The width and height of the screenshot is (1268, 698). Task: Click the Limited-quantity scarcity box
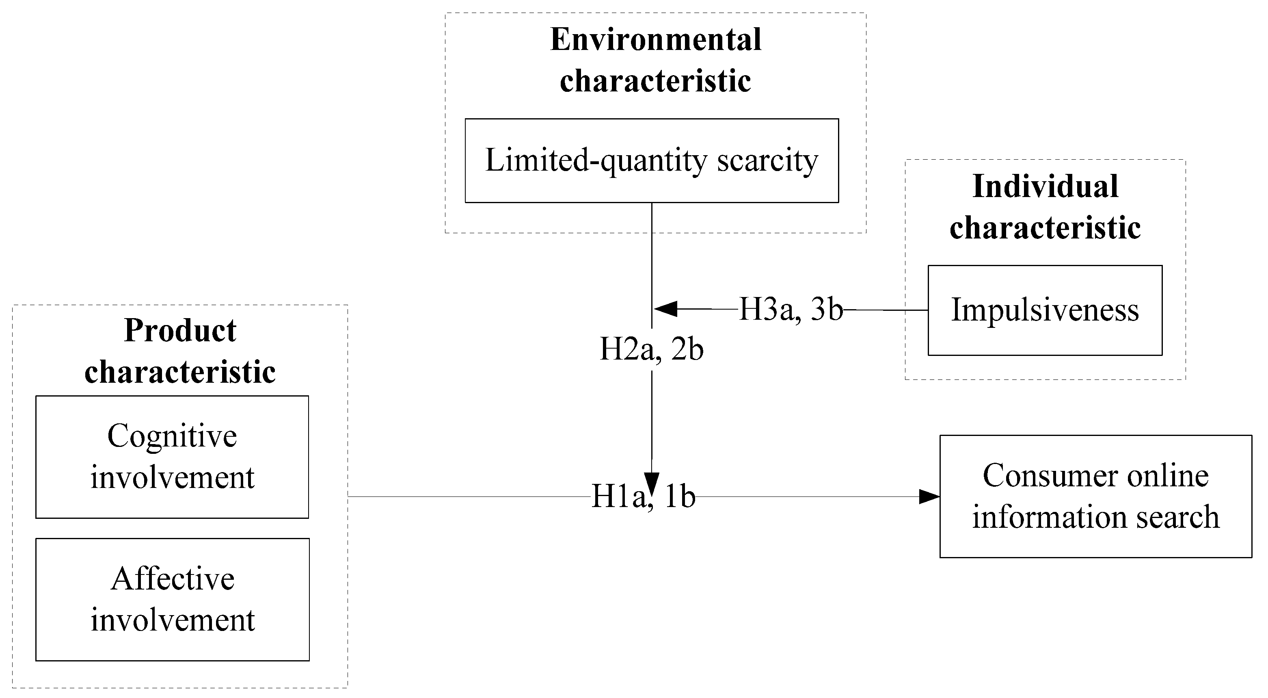tap(651, 160)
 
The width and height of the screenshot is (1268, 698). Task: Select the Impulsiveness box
tap(1045, 310)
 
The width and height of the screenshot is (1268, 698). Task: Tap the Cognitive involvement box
tap(172, 457)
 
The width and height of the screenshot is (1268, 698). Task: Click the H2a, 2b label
tap(651, 350)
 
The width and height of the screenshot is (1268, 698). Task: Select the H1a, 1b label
tap(643, 496)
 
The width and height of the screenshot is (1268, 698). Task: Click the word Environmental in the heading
tap(655, 39)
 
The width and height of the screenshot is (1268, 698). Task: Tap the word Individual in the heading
tap(1045, 187)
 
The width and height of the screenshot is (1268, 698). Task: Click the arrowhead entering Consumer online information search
tap(929, 496)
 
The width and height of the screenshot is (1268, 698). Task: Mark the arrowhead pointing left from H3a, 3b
tap(665, 309)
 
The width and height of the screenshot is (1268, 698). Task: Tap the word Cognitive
tap(172, 436)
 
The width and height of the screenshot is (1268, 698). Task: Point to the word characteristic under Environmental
tap(655, 81)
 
